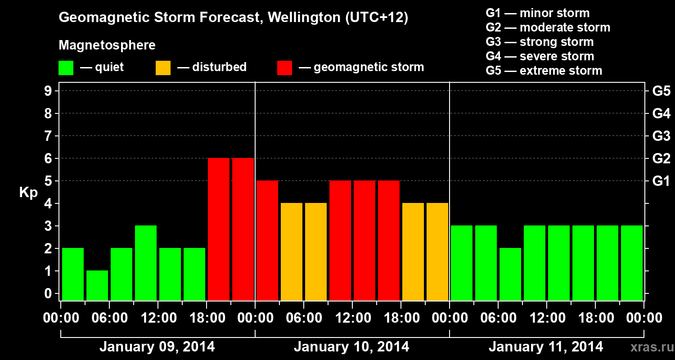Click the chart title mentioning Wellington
click(233, 18)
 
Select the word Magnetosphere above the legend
click(107, 45)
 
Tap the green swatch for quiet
click(66, 68)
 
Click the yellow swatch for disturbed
click(163, 68)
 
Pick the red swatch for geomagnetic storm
click(285, 68)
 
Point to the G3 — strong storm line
click(540, 42)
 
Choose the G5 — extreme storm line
click(544, 71)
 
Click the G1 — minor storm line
click(537, 13)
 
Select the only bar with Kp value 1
click(97, 285)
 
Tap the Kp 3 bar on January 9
click(146, 263)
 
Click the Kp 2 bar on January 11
click(510, 274)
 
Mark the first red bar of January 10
click(267, 240)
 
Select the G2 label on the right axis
click(661, 158)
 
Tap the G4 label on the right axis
click(661, 113)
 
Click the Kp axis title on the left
click(28, 193)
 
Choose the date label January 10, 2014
click(351, 347)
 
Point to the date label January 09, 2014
click(157, 347)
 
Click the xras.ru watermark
click(648, 347)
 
